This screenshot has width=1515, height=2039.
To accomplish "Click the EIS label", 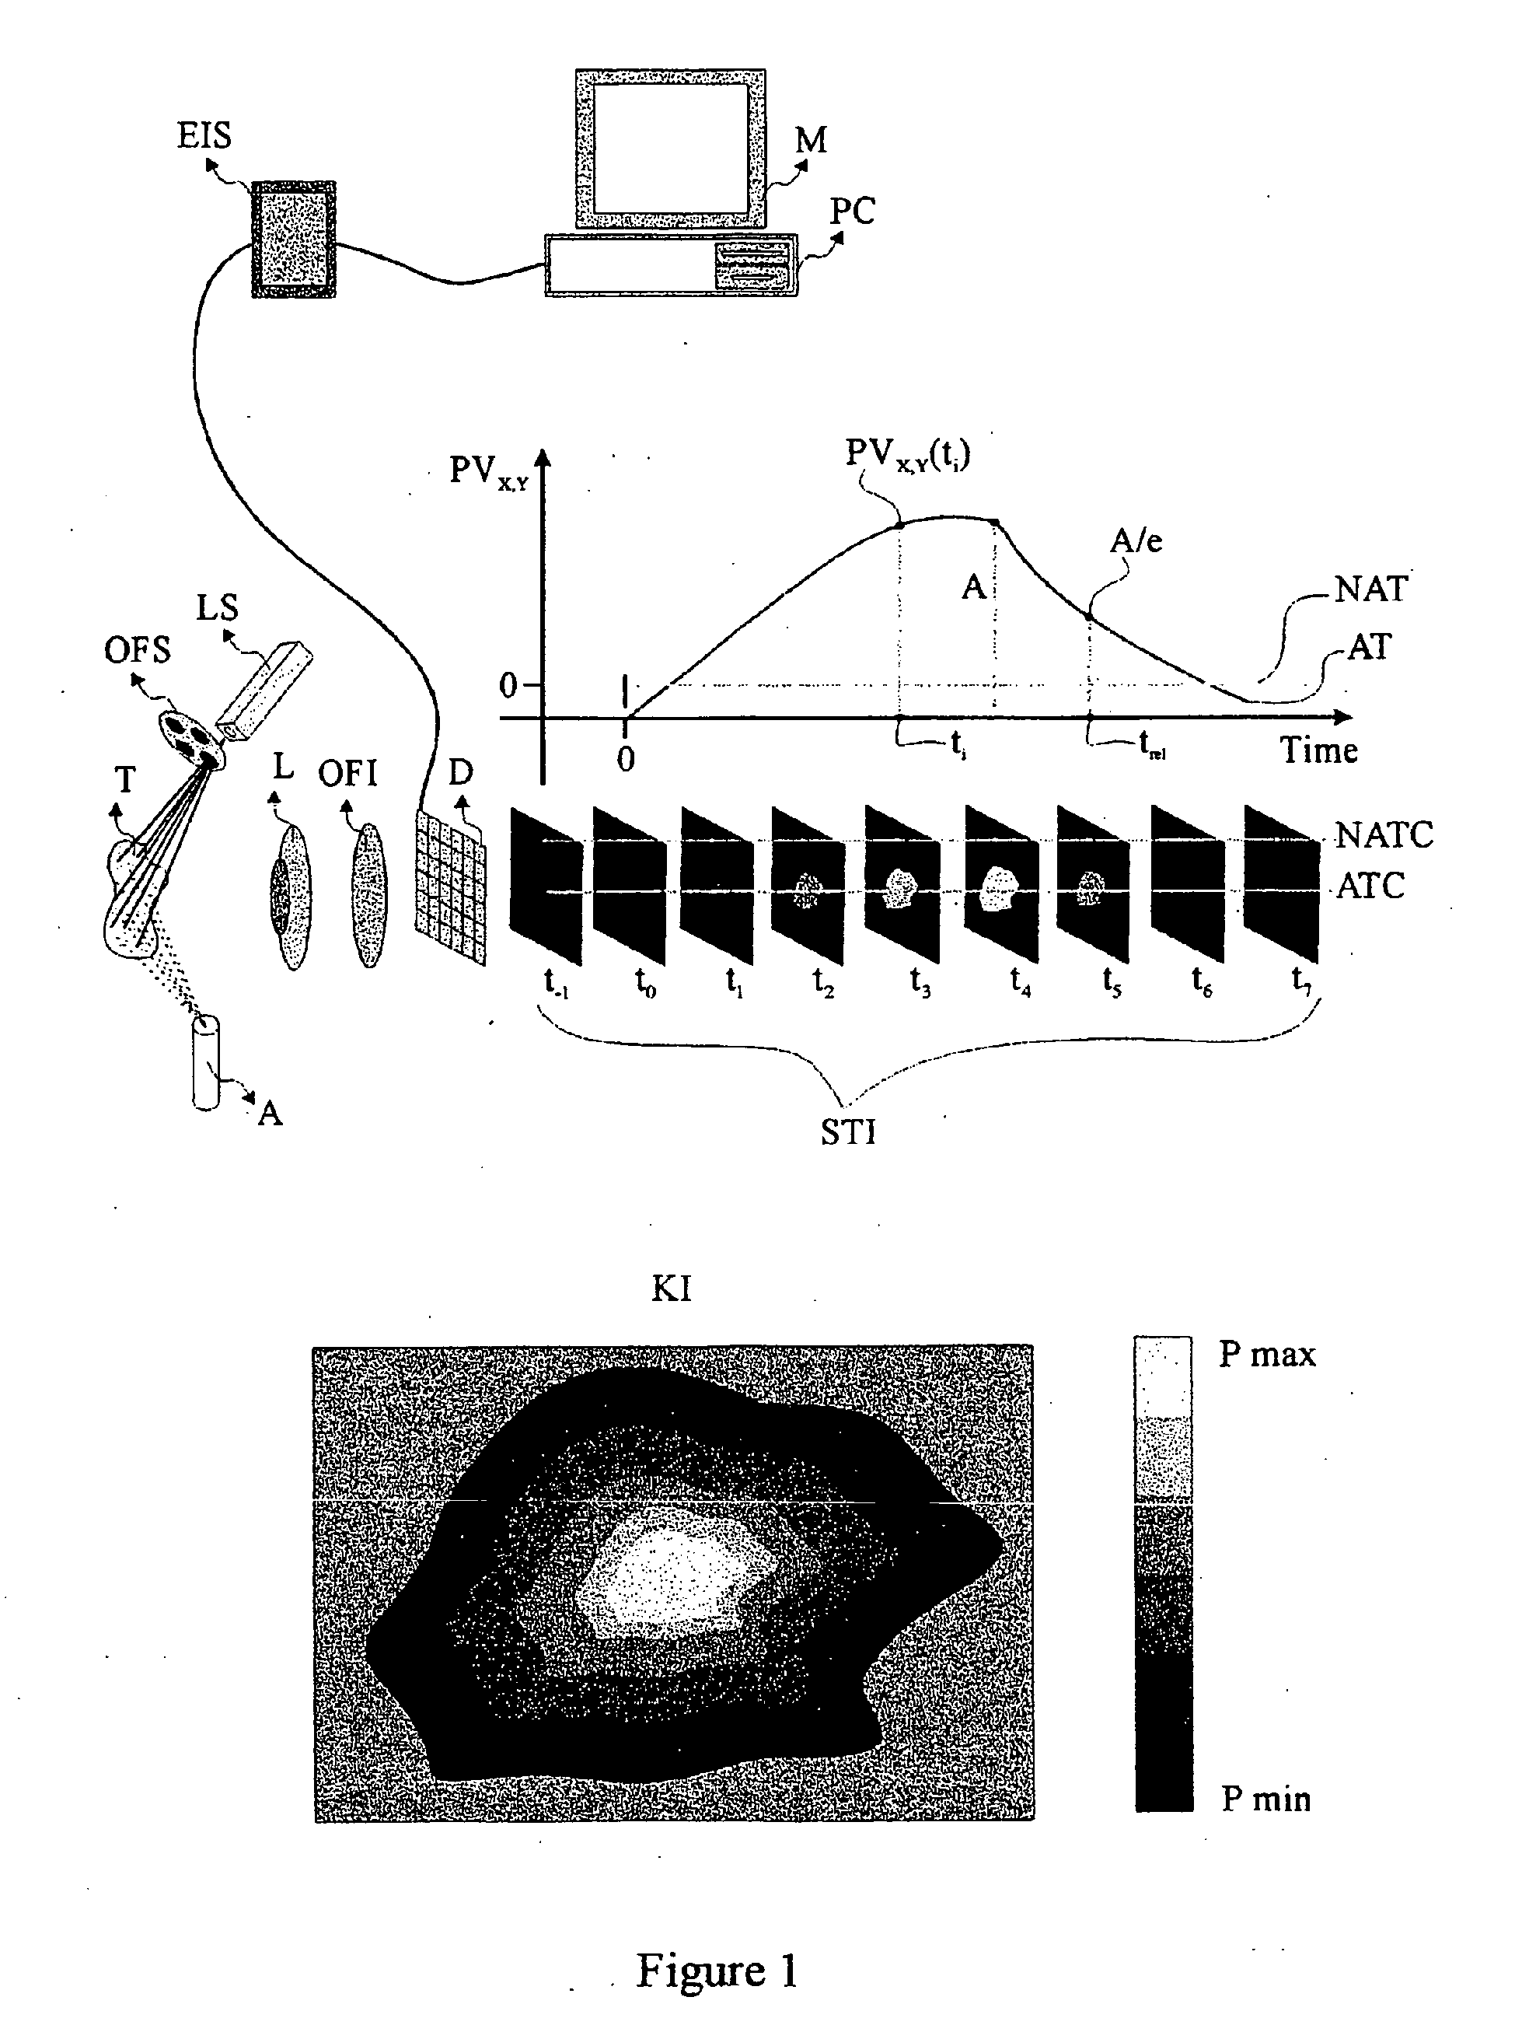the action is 204,136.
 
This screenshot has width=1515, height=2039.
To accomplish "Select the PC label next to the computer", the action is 853,211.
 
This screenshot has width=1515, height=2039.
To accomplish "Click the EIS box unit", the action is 294,239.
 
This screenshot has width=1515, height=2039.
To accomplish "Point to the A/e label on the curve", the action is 1136,541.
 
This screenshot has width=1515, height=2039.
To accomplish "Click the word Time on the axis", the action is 1319,750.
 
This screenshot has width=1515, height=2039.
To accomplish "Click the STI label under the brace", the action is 847,1133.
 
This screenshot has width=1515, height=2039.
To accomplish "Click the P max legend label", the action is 1266,1354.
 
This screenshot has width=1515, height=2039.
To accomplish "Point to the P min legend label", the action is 1265,1799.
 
